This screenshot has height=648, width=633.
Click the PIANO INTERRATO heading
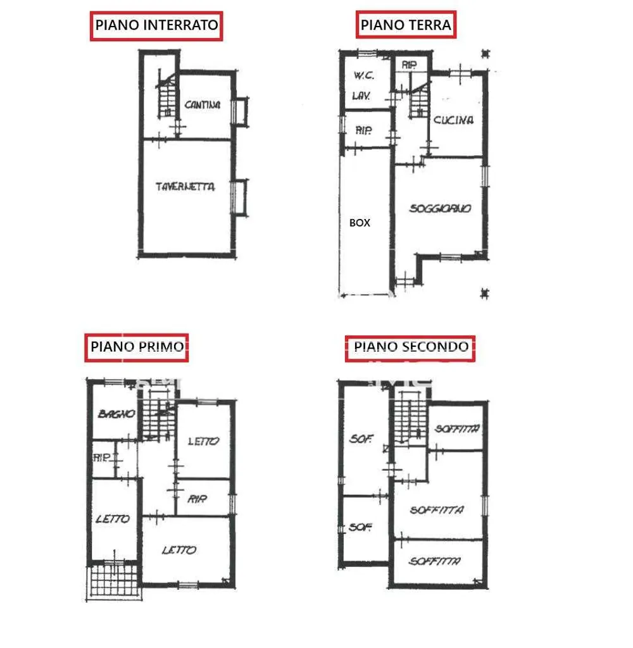(156, 25)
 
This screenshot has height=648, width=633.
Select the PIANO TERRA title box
(406, 25)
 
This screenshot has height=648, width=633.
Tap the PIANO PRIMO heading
(137, 347)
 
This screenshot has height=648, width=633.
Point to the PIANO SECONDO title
(410, 348)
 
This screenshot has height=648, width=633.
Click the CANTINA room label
(202, 105)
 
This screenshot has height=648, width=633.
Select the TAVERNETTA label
(185, 187)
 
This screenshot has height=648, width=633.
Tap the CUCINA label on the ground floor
(453, 120)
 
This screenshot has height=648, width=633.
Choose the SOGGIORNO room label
(441, 208)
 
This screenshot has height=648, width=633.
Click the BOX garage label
(360, 223)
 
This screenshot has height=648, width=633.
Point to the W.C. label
(364, 75)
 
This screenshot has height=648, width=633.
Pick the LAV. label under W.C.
(361, 96)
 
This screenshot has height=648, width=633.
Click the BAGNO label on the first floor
(116, 414)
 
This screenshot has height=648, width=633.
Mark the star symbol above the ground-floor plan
(486, 54)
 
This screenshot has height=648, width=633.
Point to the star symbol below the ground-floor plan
(485, 294)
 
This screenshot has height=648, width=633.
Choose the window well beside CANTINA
(240, 111)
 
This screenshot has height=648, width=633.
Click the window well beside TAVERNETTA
(240, 197)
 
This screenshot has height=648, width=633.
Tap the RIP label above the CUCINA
(410, 65)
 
